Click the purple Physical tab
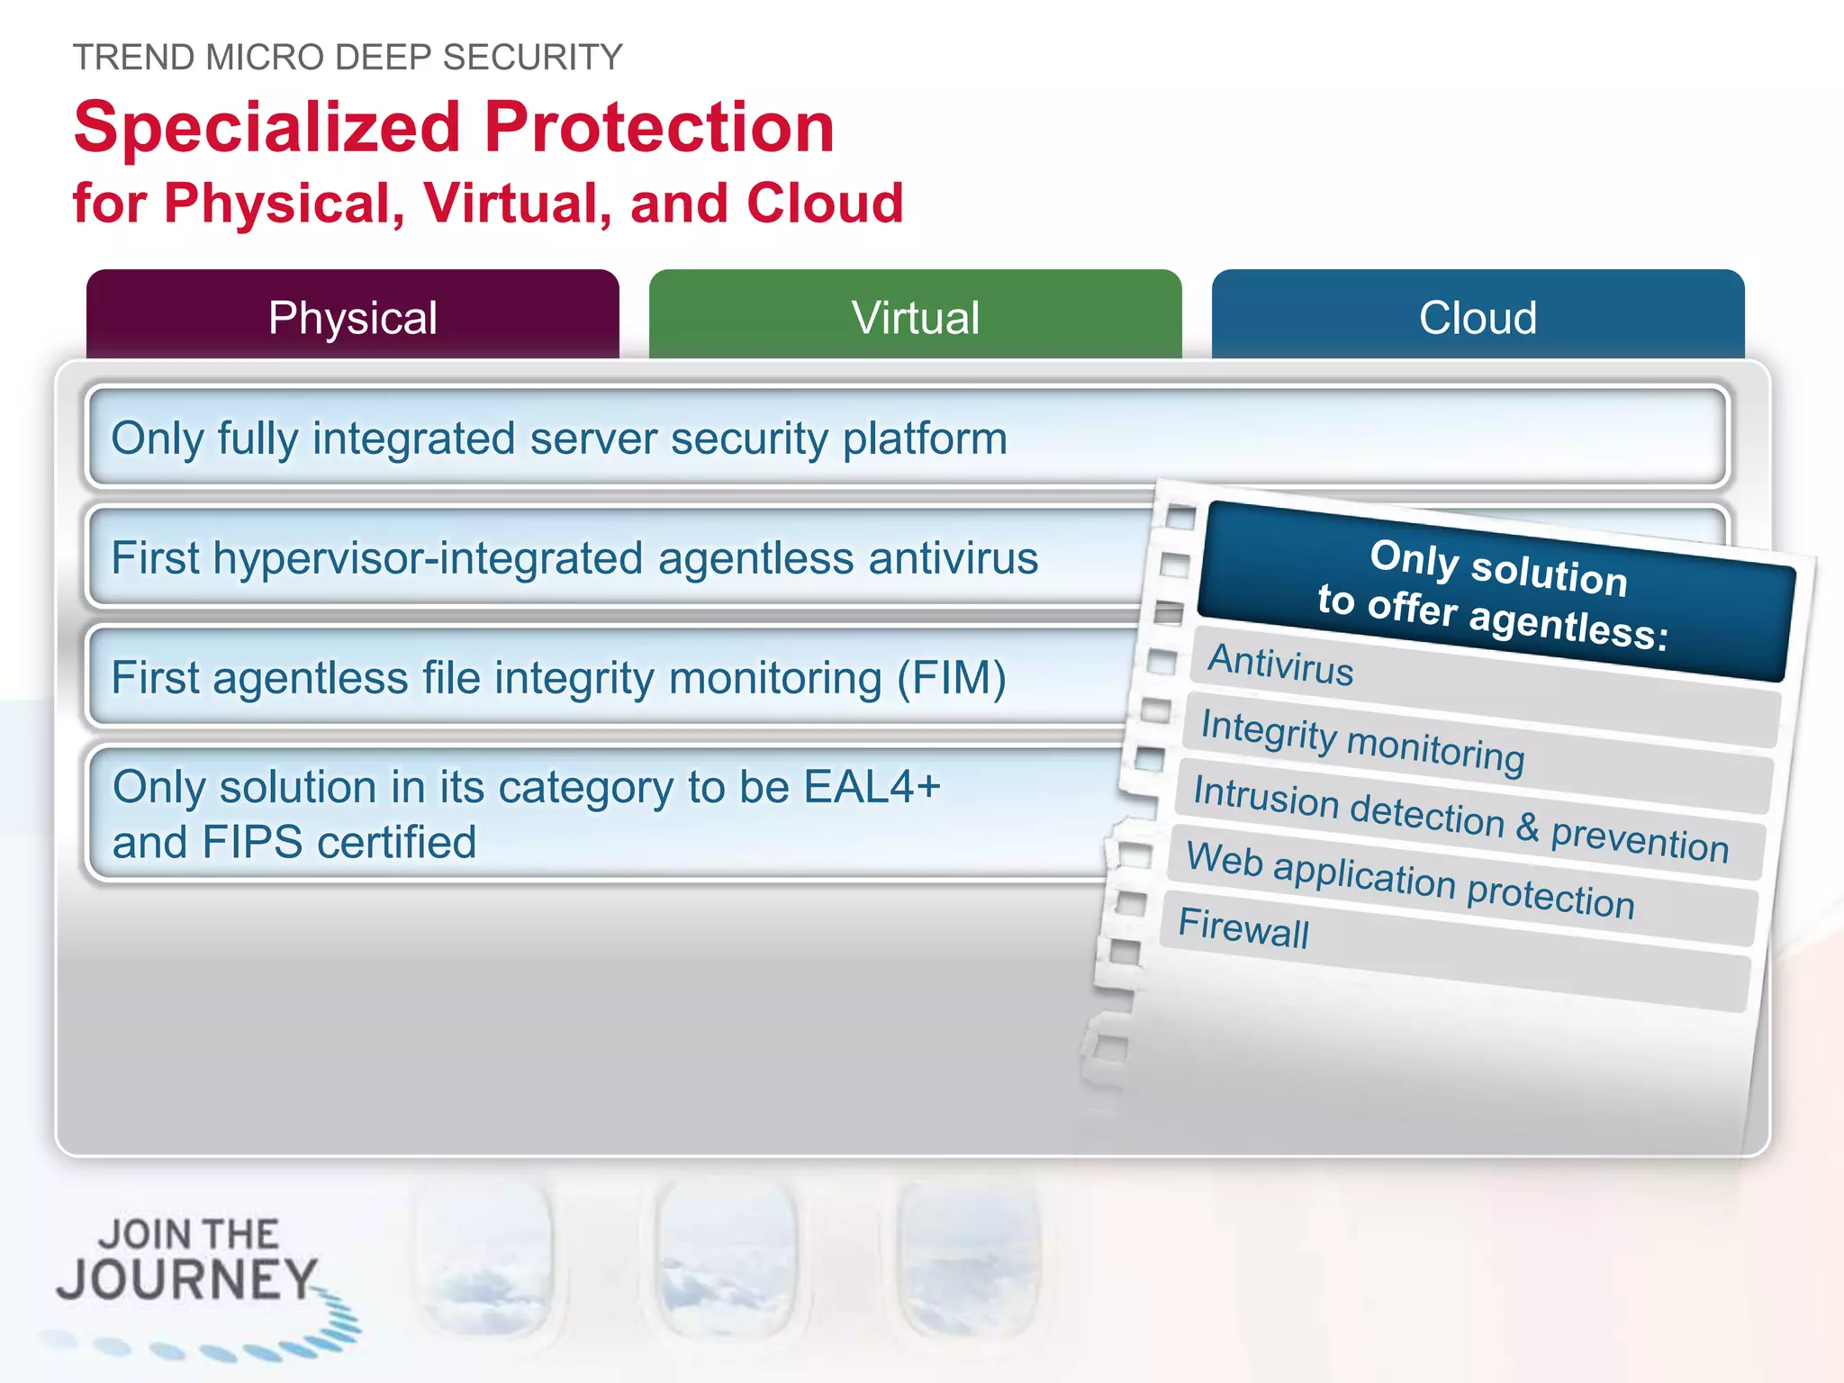pos(353,317)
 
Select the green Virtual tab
pos(915,317)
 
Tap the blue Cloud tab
pos(1478,317)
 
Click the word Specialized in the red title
pos(267,129)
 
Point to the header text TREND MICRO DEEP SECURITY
pos(348,58)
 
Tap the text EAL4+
pos(872,787)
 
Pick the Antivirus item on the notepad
pos(1280,665)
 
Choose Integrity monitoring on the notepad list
pos(1362,740)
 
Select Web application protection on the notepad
pos(1410,880)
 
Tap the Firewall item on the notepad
pos(1243,927)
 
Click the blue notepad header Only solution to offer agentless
pos(1496,592)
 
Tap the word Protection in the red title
pos(659,129)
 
